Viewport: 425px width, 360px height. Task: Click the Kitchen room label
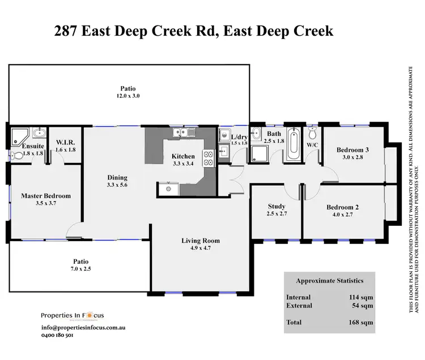(x=183, y=156)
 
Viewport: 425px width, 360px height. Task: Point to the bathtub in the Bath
(x=292, y=144)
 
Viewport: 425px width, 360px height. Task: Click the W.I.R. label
(x=65, y=142)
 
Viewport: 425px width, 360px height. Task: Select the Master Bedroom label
(x=46, y=196)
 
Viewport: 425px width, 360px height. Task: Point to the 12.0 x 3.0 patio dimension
(x=127, y=96)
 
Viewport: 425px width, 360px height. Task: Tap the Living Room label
(x=201, y=241)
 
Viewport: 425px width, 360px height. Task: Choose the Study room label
(x=276, y=206)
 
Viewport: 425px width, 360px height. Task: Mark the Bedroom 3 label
(x=352, y=150)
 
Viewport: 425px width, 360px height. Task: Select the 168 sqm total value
(x=361, y=323)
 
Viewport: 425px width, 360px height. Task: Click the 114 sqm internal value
(x=361, y=297)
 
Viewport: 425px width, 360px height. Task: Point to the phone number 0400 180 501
(x=57, y=335)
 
